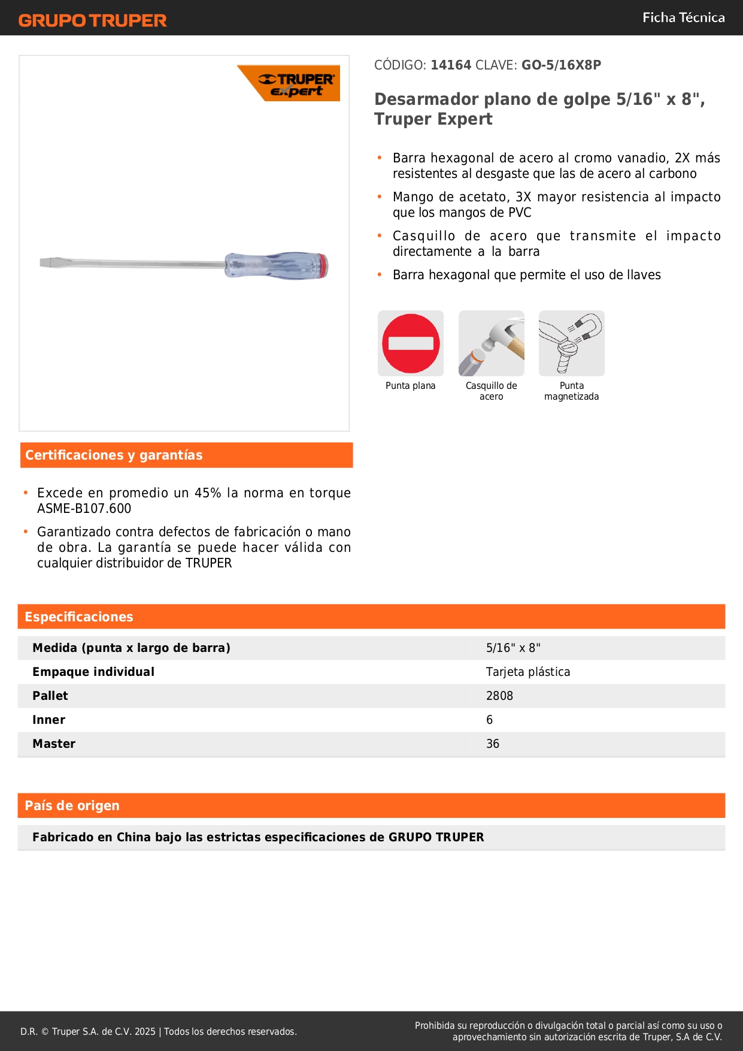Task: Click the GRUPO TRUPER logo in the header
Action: pyautogui.click(x=92, y=20)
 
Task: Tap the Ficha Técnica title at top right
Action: pyautogui.click(x=683, y=17)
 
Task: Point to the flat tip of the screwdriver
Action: pyautogui.click(x=48, y=262)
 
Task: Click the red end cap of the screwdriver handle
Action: pyautogui.click(x=323, y=266)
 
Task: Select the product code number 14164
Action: pyautogui.click(x=451, y=65)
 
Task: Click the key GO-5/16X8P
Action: pyautogui.click(x=561, y=65)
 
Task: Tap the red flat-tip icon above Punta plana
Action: pyautogui.click(x=411, y=343)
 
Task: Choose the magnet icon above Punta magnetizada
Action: pyautogui.click(x=572, y=343)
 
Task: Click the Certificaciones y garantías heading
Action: pyautogui.click(x=114, y=455)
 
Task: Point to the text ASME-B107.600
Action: pyautogui.click(x=84, y=509)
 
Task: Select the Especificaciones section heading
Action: pyautogui.click(x=79, y=617)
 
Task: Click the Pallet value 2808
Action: pyautogui.click(x=499, y=696)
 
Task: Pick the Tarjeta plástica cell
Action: pyautogui.click(x=528, y=672)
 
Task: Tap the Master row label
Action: pyautogui.click(x=54, y=744)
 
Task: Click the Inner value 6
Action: pyautogui.click(x=490, y=720)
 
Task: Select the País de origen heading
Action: pyautogui.click(x=72, y=806)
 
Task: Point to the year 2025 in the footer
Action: pyautogui.click(x=145, y=1031)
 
